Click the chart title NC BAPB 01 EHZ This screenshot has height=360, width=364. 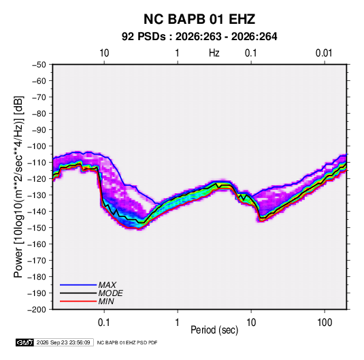[199, 19]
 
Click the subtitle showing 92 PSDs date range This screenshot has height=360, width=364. [199, 37]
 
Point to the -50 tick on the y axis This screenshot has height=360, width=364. [39, 65]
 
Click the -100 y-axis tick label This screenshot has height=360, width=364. [37, 146]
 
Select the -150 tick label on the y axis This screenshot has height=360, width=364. [37, 228]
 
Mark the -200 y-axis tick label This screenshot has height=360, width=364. [37, 310]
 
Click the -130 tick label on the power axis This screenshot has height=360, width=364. [37, 195]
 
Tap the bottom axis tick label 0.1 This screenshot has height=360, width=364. [104, 323]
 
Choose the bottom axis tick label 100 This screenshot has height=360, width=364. [325, 323]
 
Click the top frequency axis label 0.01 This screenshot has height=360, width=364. [324, 53]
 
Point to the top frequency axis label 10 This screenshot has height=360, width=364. [104, 53]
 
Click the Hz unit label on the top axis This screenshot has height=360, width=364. [214, 53]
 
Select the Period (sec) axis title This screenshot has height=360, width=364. [214, 330]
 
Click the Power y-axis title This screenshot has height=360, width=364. [18, 187]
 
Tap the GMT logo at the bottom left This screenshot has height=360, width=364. [25, 342]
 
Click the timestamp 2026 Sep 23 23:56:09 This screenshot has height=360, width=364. [63, 342]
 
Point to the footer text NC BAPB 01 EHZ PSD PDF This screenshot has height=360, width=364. [127, 342]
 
